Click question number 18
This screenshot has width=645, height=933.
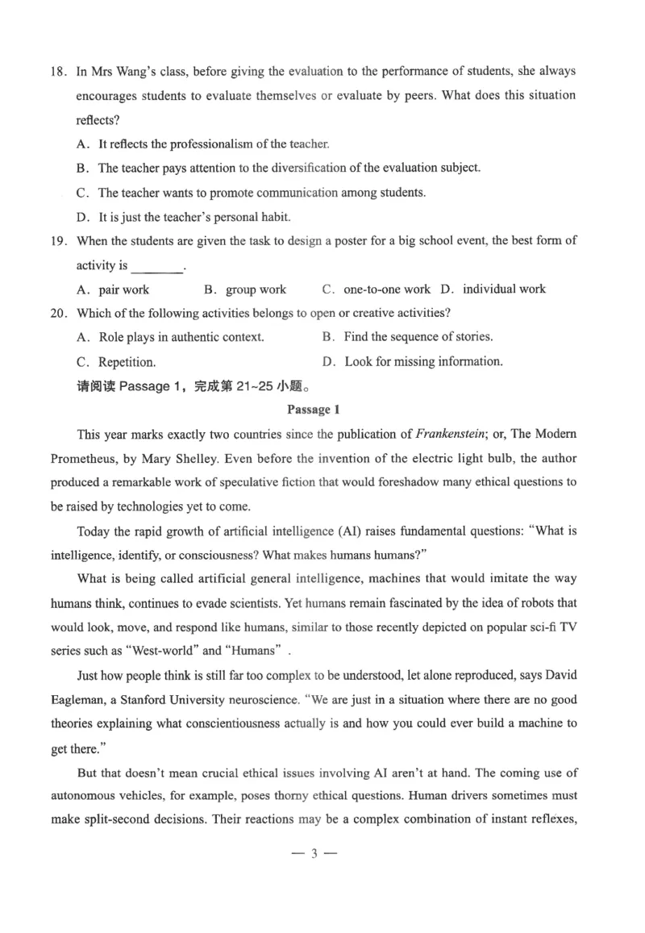pyautogui.click(x=58, y=71)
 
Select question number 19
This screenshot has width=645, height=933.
pyautogui.click(x=58, y=240)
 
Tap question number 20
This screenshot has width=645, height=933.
pyautogui.click(x=58, y=313)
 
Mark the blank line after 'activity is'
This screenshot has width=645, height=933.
pyautogui.click(x=156, y=266)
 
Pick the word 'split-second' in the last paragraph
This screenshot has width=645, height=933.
pyautogui.click(x=119, y=821)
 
